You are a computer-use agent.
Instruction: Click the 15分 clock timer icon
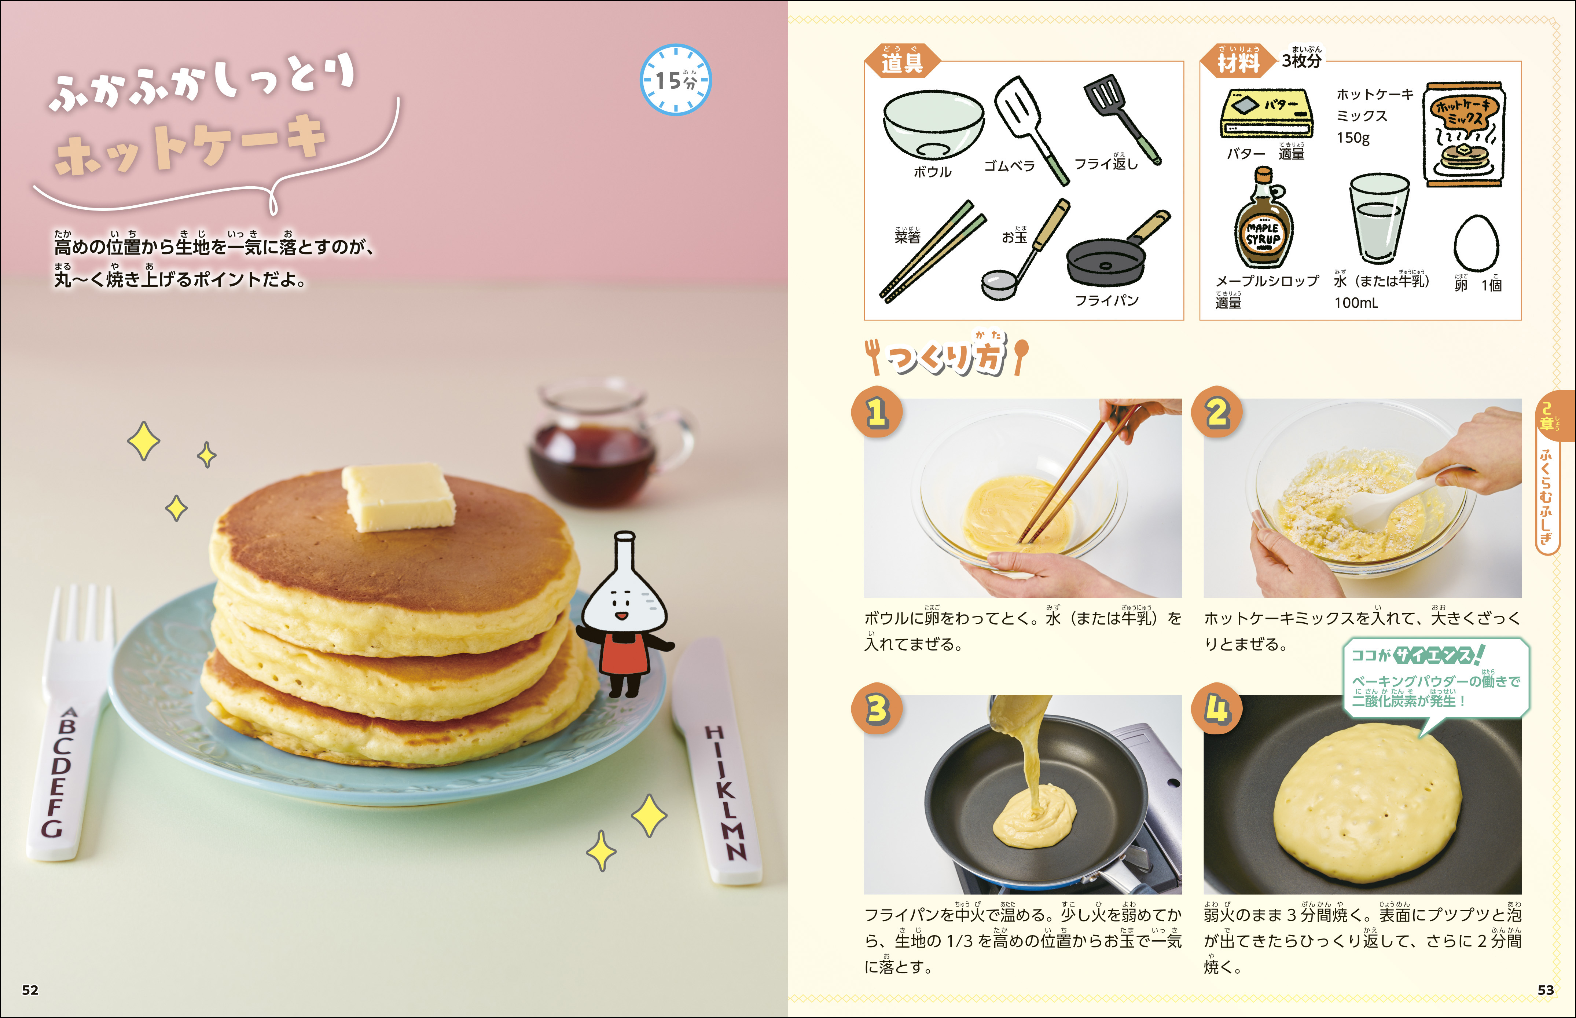coord(675,80)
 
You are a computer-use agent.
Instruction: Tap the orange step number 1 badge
coord(877,412)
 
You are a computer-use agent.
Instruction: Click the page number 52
coord(30,989)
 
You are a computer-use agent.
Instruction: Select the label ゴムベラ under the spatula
coord(1009,166)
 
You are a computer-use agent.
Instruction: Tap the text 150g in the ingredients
coord(1353,138)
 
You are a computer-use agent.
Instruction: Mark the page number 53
coord(1546,989)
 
